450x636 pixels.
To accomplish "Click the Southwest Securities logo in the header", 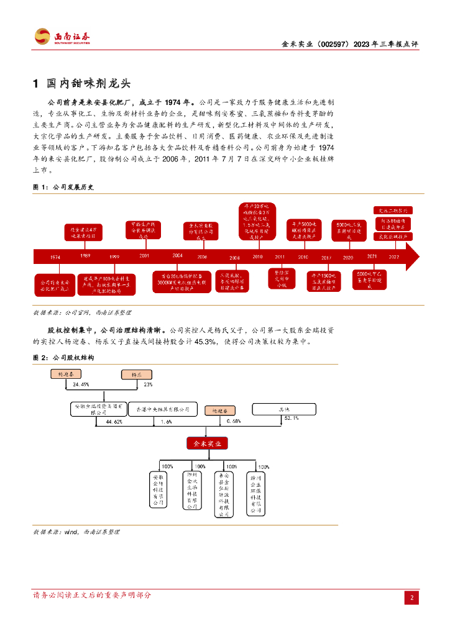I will [62, 37].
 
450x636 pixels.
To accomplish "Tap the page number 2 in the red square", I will [411, 597].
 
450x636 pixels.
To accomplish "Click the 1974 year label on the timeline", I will [55, 257].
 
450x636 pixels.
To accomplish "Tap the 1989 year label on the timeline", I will [86, 255].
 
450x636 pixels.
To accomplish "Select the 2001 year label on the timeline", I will [144, 255].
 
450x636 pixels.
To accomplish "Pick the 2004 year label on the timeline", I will [178, 255].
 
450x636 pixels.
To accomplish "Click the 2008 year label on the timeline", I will [234, 257].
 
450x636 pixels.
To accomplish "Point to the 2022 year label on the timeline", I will [393, 256].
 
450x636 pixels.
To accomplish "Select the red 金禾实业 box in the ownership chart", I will [208, 443].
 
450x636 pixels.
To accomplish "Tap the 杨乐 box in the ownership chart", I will [137, 375].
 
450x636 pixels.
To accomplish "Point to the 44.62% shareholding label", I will [114, 422].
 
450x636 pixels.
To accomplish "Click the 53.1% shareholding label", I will [291, 419].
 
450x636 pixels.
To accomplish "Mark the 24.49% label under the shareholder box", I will [81, 384].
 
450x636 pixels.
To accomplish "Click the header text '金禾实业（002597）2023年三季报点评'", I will [351, 45].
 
